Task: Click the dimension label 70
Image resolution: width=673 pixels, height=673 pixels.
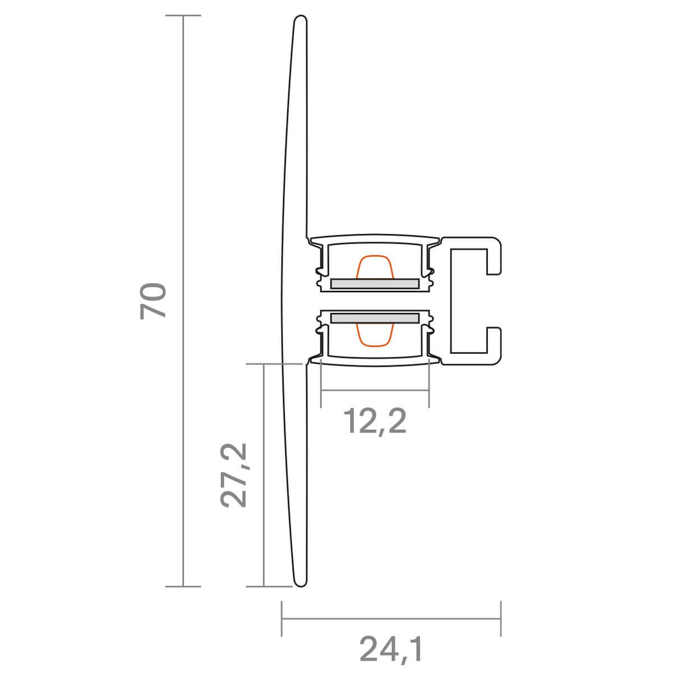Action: [153, 301]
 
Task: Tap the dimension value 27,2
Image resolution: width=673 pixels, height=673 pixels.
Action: [233, 475]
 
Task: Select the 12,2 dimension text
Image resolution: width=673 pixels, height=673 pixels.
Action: [375, 422]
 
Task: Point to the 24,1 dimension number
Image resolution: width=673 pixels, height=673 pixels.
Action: [391, 649]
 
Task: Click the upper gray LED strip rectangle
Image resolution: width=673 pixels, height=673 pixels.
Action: [375, 284]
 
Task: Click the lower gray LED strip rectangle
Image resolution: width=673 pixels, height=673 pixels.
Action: [375, 318]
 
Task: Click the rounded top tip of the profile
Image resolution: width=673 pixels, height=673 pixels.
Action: [301, 16]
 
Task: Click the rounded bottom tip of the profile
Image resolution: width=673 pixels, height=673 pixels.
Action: [301, 587]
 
